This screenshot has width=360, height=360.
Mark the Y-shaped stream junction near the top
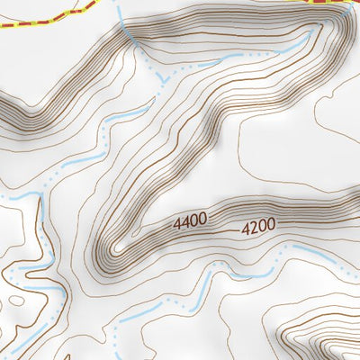(x=163, y=80)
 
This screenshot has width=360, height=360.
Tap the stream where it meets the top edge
(x=120, y=2)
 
